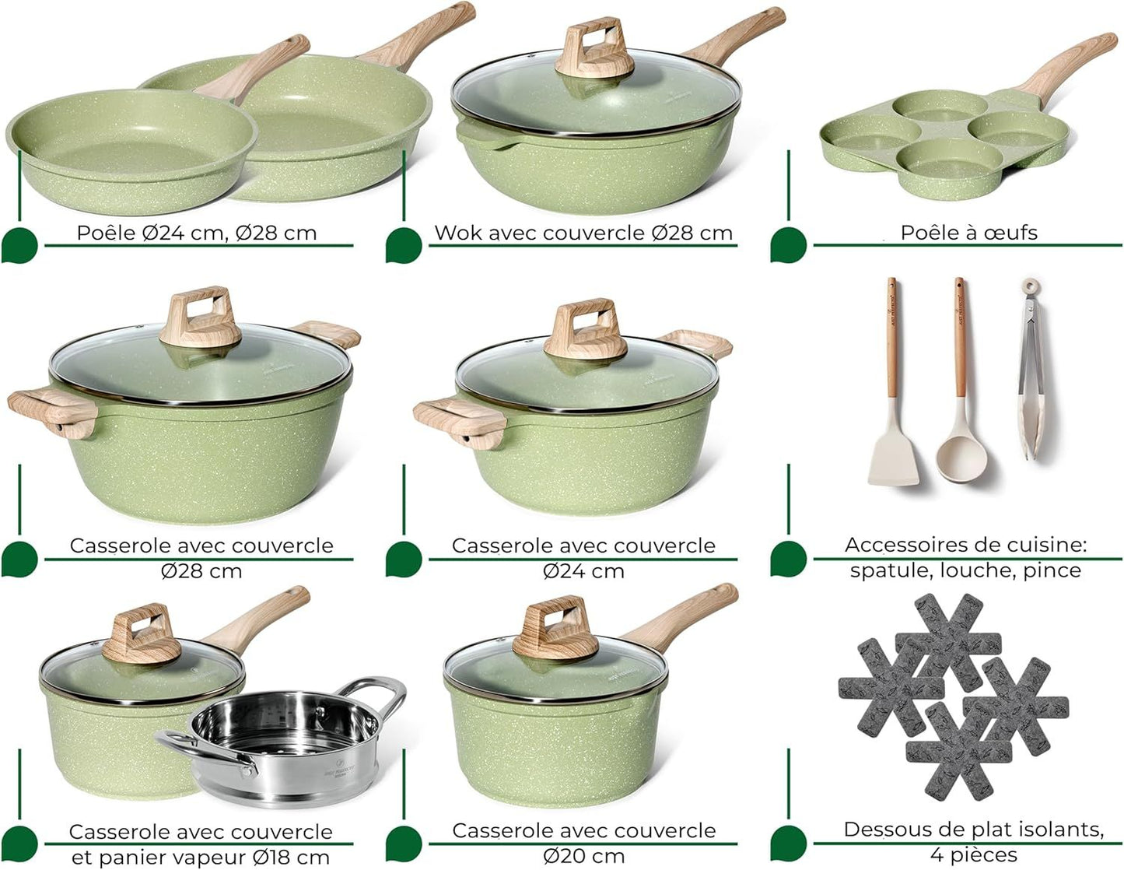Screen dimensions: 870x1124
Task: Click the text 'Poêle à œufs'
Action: pyautogui.click(x=968, y=233)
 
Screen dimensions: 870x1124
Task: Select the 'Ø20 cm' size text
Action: pyautogui.click(x=583, y=856)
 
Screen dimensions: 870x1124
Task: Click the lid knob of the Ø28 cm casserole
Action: pyautogui.click(x=201, y=317)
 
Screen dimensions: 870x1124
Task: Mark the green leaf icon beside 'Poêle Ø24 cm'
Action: pyautogui.click(x=19, y=246)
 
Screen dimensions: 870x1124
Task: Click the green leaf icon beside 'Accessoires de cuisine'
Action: pyautogui.click(x=789, y=559)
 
